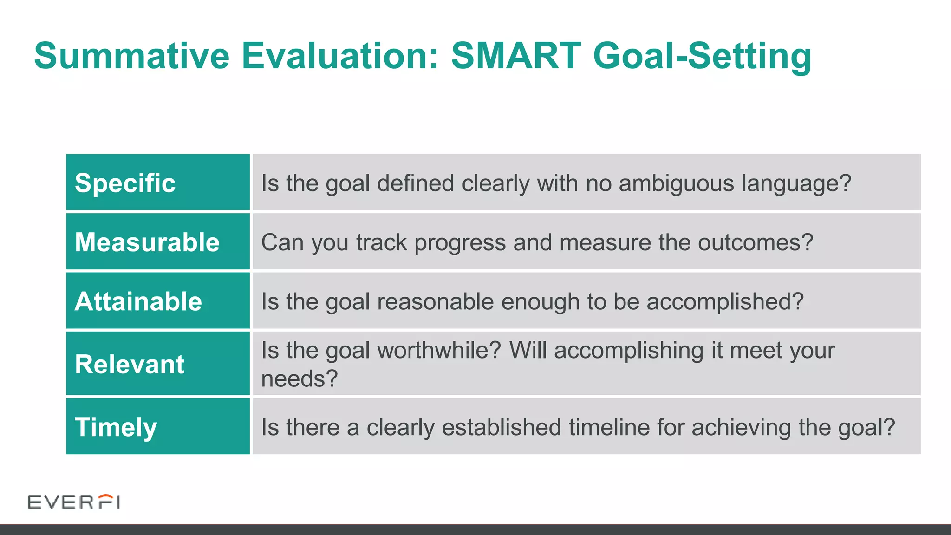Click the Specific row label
pos(125,183)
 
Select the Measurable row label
pos(147,242)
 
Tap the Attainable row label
pos(138,301)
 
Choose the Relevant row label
pos(129,364)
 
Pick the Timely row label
pos(116,427)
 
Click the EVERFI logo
pos(74,502)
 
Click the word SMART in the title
pos(516,56)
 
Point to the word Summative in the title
pos(132,56)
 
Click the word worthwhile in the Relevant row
pos(439,350)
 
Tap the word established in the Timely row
pos(501,427)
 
